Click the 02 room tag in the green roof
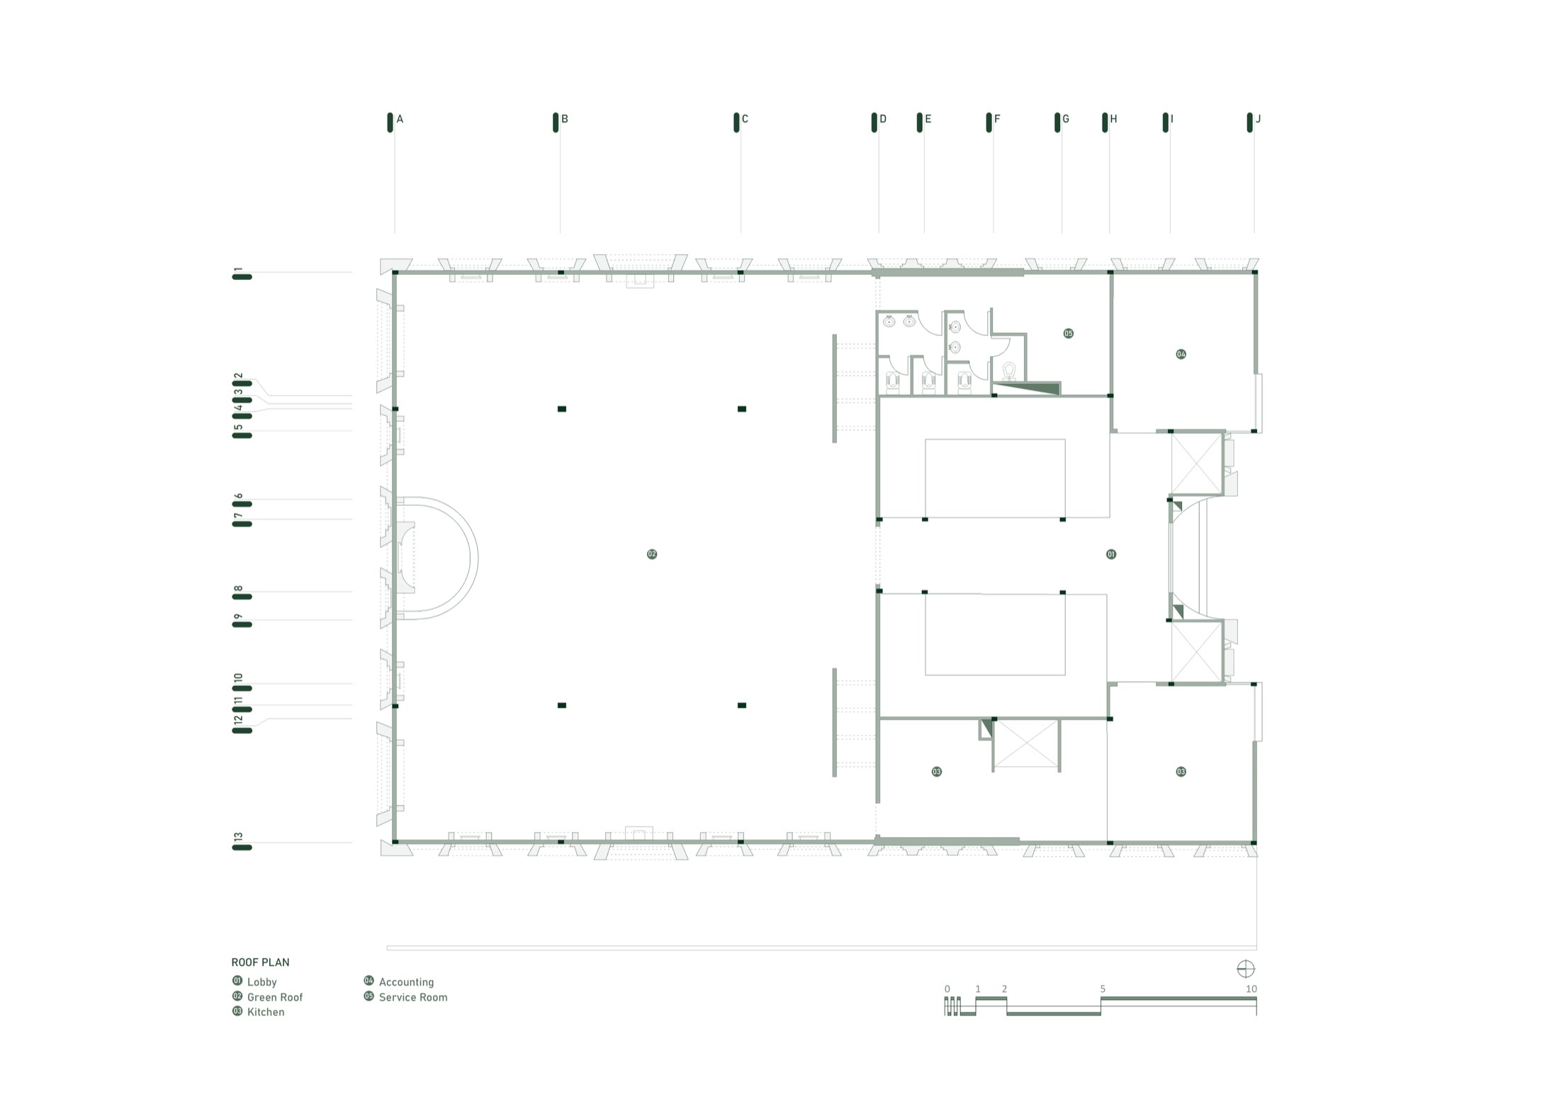pos(652,554)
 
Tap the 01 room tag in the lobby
pos(1111,554)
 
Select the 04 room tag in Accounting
pos(1181,354)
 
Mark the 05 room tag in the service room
pos(1068,333)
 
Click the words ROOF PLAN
pos(260,962)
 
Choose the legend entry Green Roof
pos(267,996)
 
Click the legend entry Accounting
pos(398,982)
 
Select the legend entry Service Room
pos(405,996)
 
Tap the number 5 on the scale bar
pos(1103,989)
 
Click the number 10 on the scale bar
pos(1251,989)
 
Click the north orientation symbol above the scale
pos(1245,969)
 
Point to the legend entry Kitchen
pos(258,1011)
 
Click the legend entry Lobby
pos(254,982)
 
